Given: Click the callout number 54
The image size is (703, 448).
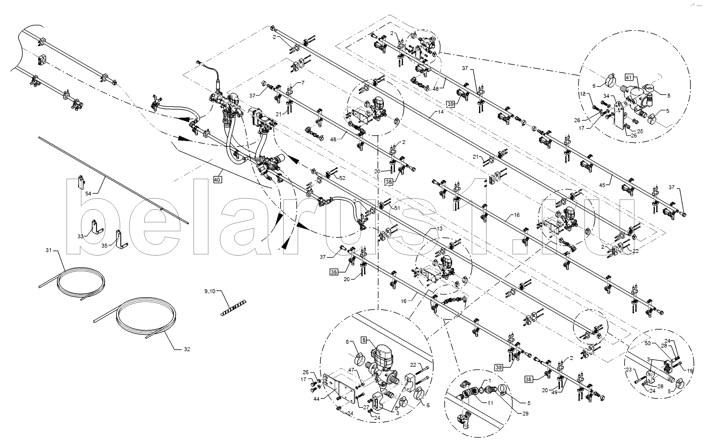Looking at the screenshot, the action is pos(88,193).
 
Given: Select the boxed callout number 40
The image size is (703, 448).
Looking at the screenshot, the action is pos(217,180).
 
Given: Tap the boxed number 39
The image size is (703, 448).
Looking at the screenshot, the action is pos(451,104).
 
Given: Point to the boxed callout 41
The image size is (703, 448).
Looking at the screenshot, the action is pos(629,77).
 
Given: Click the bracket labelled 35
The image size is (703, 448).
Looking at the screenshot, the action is pos(120,239).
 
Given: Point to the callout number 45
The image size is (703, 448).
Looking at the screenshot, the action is pos(602,185).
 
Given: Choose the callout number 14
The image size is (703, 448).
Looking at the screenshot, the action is pos(441,112).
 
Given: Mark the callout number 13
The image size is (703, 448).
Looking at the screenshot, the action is pos(440,228).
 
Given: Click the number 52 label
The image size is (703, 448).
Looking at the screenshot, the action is pos(342,178).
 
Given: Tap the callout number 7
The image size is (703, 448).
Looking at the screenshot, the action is pos(303,83).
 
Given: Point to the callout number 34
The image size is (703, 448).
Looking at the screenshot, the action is pos(606,96).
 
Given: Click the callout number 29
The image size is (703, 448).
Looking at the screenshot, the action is pos(525,413).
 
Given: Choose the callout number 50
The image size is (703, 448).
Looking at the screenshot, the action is pos(647,343).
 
